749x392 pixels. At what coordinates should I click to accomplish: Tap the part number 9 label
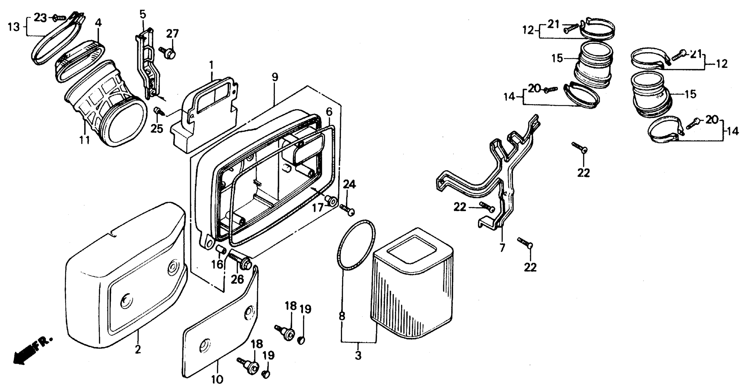point(275,77)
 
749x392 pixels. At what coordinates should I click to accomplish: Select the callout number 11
point(85,140)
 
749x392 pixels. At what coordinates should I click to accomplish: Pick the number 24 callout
point(349,184)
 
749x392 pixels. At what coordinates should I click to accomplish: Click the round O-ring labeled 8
point(357,244)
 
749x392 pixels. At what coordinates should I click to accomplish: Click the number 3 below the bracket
point(358,355)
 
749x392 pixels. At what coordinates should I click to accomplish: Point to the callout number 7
point(502,247)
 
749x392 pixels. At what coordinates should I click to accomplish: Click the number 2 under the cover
point(138,349)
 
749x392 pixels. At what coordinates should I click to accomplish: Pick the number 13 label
point(14,27)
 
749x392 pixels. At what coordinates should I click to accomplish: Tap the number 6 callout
point(329,111)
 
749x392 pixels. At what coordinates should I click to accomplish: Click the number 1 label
point(211,65)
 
